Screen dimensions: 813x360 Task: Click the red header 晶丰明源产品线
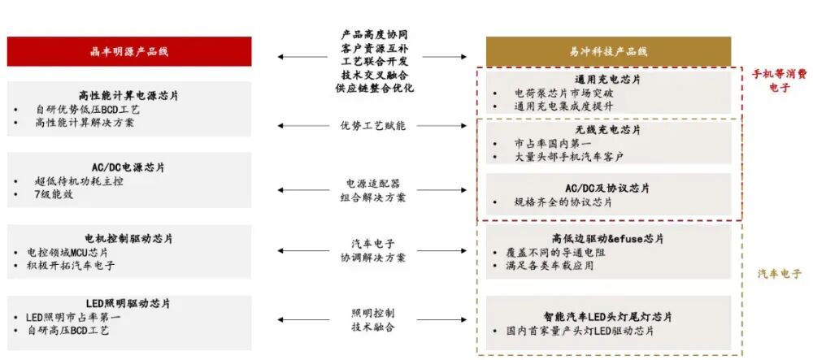[x=128, y=51]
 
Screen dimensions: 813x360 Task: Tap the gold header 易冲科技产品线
[x=608, y=51]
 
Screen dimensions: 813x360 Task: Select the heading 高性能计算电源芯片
[x=128, y=95]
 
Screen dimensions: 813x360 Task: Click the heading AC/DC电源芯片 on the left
[x=128, y=167]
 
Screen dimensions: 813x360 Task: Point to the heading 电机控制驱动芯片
[x=128, y=238]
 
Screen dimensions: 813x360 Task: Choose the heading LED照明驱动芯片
[x=128, y=303]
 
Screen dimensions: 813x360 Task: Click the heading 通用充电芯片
[x=608, y=80]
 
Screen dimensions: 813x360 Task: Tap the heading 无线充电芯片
[x=608, y=130]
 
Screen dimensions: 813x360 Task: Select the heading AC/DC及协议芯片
[x=608, y=188]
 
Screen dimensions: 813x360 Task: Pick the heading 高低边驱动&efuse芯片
[x=608, y=239]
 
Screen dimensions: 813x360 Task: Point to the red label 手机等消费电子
[x=779, y=80]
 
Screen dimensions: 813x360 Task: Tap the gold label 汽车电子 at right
[x=779, y=273]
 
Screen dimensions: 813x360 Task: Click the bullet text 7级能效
[x=48, y=196]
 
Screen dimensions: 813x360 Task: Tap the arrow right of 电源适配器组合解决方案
[x=460, y=190]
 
